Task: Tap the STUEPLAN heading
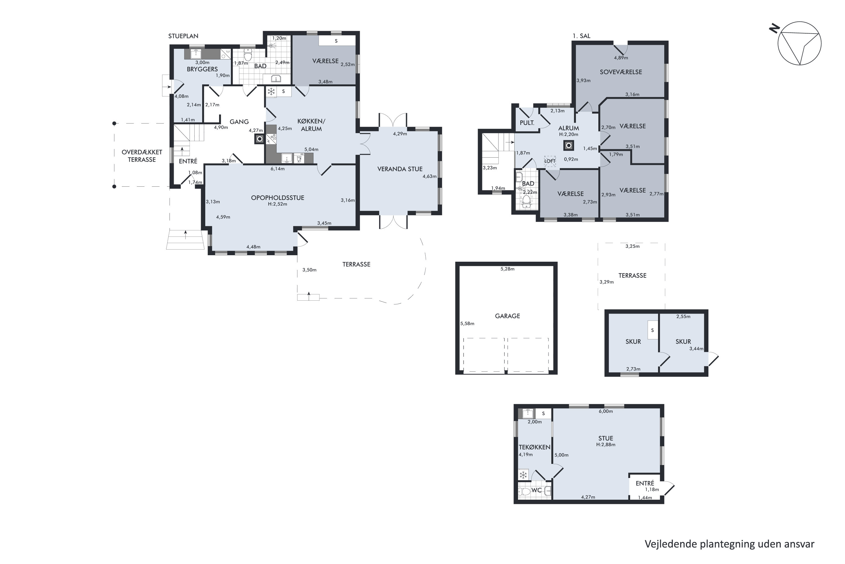(183, 36)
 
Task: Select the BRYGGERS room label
(202, 69)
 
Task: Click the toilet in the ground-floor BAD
(248, 56)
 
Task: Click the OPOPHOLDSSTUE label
(277, 197)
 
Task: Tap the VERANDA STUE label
(400, 169)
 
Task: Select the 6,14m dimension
(277, 169)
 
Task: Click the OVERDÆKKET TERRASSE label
(142, 156)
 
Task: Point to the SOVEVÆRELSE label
(621, 72)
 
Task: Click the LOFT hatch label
(550, 161)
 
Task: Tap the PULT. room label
(527, 123)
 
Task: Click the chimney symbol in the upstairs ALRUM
(568, 145)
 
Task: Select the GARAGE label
(507, 316)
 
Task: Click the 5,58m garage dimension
(467, 323)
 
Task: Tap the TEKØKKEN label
(535, 447)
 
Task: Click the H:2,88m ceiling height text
(606, 445)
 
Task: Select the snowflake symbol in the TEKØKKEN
(523, 475)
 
